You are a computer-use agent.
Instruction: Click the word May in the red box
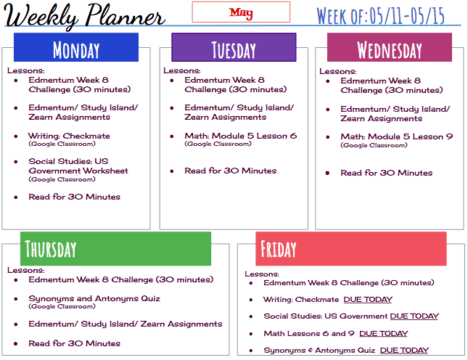pos(241,12)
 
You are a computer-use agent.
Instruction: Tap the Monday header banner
pos(76,47)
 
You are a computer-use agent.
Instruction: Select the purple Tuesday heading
pos(234,47)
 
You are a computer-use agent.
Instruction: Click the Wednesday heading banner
pos(390,47)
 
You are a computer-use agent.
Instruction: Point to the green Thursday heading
pos(115,249)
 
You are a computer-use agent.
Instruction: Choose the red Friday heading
pos(351,249)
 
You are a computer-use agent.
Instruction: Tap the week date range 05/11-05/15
pos(407,16)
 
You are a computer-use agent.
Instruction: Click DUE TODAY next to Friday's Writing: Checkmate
pos(368,300)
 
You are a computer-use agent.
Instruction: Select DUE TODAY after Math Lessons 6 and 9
pos(384,333)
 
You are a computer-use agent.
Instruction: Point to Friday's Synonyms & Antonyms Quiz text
pos(319,350)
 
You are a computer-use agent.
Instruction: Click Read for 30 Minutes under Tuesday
pos(231,171)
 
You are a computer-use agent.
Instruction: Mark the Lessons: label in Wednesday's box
pos(338,71)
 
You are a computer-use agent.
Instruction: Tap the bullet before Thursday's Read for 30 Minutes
pos(16,343)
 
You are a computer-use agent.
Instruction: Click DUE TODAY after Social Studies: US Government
pos(414,316)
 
